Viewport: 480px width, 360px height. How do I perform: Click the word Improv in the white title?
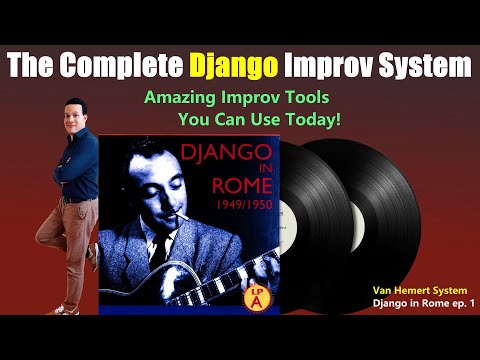click(x=329, y=67)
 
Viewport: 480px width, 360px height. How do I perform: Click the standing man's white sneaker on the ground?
click(x=62, y=309)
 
